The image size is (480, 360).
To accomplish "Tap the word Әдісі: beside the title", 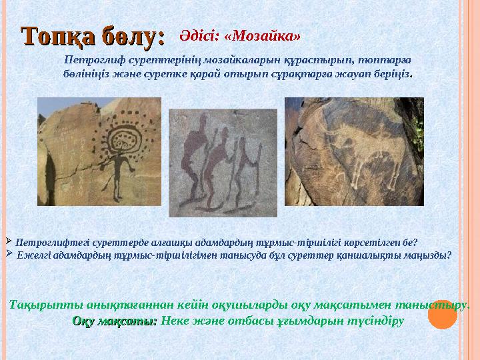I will coord(200,32).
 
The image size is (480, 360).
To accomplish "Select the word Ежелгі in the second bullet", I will coord(32,254).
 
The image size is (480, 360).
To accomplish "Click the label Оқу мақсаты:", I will coord(115,321).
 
